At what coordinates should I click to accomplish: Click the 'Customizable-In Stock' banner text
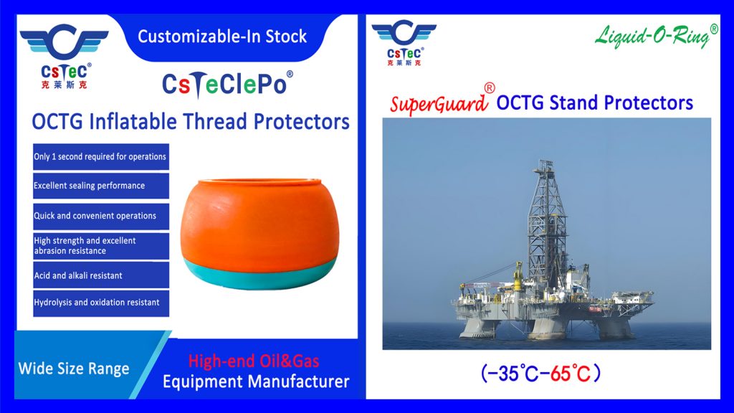222,36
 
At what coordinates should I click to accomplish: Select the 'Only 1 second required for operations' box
101,157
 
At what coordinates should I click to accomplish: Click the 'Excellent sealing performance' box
101,186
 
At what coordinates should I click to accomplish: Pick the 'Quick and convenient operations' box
101,216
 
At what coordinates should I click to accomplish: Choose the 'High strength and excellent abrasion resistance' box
101,246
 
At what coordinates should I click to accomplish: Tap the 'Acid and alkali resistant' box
101,275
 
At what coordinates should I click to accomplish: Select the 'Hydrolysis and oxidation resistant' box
101,303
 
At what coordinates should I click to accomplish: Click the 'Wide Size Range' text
74,369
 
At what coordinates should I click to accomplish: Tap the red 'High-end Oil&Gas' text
254,361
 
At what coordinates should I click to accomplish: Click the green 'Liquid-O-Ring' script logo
656,36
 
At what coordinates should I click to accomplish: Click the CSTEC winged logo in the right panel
404,42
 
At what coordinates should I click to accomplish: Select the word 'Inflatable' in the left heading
133,122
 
